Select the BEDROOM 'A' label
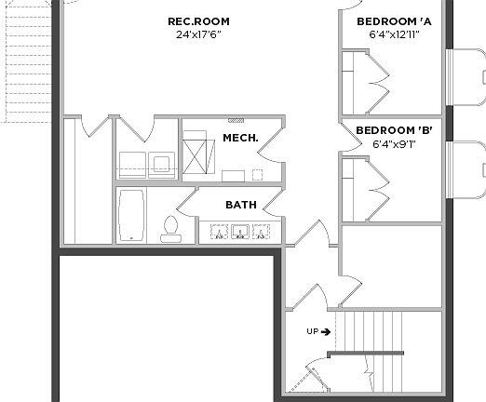(x=394, y=22)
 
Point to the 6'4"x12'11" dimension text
(x=394, y=36)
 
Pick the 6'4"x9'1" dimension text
(x=394, y=144)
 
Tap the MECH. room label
(x=240, y=138)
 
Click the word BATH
(x=240, y=205)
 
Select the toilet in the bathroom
(x=169, y=227)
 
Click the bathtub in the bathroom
(x=131, y=216)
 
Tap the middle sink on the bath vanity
(x=240, y=232)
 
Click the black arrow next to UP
(x=326, y=331)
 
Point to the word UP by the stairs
(x=313, y=331)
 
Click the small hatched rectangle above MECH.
(x=236, y=120)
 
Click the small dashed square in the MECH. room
(x=232, y=175)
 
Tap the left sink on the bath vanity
(x=221, y=232)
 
